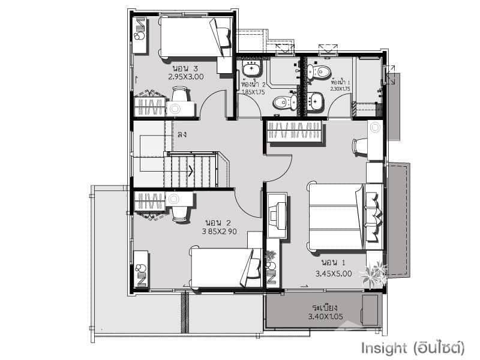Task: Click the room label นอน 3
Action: [185, 68]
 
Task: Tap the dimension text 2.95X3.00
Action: [186, 77]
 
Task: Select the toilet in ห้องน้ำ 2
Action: [283, 103]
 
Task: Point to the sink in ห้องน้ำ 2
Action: [250, 67]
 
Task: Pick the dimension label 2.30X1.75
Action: [340, 89]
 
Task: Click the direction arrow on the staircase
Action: [191, 170]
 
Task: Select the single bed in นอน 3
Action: [195, 37]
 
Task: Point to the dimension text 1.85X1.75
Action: [253, 92]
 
